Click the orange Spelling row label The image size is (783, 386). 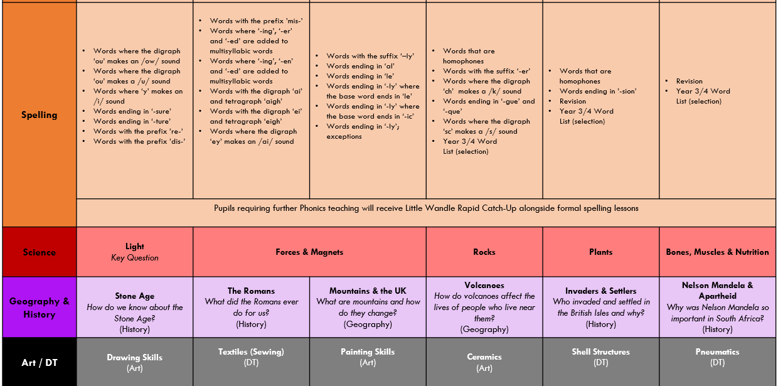[39, 115]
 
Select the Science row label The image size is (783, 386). [39, 252]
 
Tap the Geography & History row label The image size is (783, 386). [39, 308]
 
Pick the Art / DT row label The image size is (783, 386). [39, 362]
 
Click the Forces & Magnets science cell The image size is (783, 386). [309, 252]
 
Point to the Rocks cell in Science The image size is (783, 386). [484, 252]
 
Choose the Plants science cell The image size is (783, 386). [600, 252]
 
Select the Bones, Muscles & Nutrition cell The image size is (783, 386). [717, 252]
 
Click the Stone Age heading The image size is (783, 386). [134, 296]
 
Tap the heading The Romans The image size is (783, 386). [251, 291]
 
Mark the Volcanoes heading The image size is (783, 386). [484, 286]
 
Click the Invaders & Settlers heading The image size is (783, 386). [600, 291]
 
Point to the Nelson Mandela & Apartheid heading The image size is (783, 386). [717, 291]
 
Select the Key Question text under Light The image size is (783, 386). [134, 258]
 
